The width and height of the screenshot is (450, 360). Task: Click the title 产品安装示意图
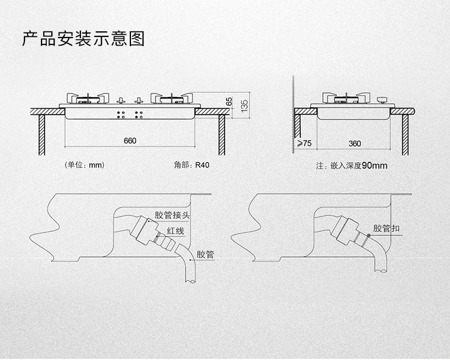(83, 39)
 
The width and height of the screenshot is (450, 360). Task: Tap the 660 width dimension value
(130, 141)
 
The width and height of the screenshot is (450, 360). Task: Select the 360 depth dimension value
(354, 144)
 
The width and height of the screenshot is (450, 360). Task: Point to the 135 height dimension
(245, 105)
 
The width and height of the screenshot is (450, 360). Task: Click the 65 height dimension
(229, 100)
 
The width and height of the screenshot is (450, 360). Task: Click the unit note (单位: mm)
(85, 165)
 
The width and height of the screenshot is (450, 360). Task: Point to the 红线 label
(175, 231)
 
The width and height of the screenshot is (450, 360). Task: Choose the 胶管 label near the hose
(205, 255)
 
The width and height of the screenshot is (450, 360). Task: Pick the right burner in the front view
(171, 99)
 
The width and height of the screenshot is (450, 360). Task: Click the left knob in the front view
(121, 101)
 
